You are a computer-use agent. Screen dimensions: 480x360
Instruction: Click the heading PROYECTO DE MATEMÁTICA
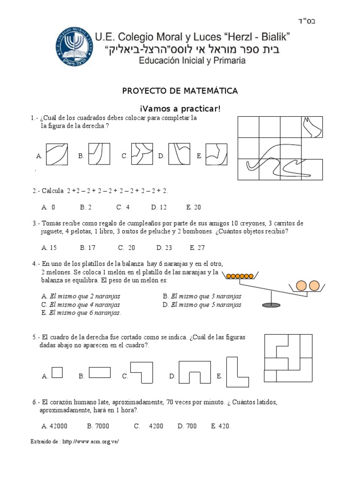180,91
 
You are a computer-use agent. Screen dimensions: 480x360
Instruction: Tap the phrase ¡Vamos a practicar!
180,109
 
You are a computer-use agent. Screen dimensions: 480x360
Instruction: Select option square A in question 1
57,155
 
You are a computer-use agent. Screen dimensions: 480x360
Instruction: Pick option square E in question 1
216,155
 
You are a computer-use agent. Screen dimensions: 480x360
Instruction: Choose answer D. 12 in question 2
160,207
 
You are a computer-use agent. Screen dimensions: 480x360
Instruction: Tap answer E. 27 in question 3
198,247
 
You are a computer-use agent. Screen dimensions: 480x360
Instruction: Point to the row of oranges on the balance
240,276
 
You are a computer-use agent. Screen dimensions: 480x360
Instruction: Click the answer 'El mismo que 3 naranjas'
202,296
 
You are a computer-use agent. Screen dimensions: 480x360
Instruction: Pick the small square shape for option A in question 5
57,372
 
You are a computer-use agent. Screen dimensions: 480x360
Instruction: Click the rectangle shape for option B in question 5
99,372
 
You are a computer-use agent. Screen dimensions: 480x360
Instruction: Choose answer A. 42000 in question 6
54,426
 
